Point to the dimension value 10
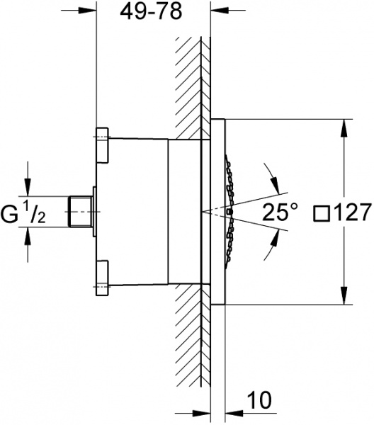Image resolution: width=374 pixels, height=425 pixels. pos(259,401)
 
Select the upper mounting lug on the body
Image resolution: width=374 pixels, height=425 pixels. pos(101,144)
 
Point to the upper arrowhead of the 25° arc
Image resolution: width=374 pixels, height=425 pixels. pos(266,169)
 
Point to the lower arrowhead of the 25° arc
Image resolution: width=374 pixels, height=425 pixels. pos(266,253)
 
